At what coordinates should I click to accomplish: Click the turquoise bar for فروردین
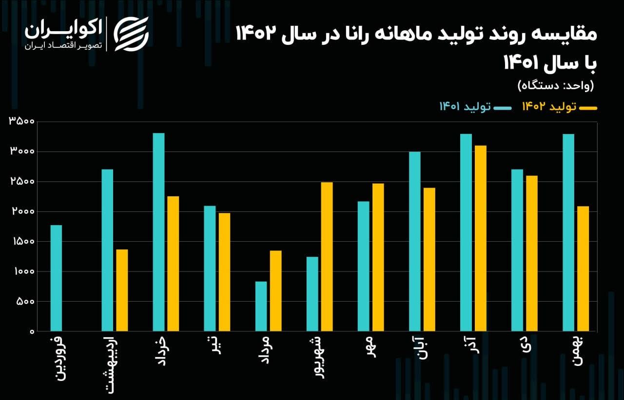56,278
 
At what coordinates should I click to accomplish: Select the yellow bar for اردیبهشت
122,290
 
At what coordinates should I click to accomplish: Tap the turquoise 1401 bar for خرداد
158,232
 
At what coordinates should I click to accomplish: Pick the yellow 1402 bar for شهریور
327,257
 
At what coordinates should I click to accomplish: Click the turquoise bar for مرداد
261,306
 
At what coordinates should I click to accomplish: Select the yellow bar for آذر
480,238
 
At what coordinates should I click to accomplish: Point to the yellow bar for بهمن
583,268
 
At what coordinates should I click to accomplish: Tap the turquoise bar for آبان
414,242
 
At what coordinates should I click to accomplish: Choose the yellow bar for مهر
378,257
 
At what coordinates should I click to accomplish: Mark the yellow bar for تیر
224,272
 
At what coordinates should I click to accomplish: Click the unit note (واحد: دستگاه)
555,86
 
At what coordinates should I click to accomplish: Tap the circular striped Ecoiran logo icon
131,34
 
